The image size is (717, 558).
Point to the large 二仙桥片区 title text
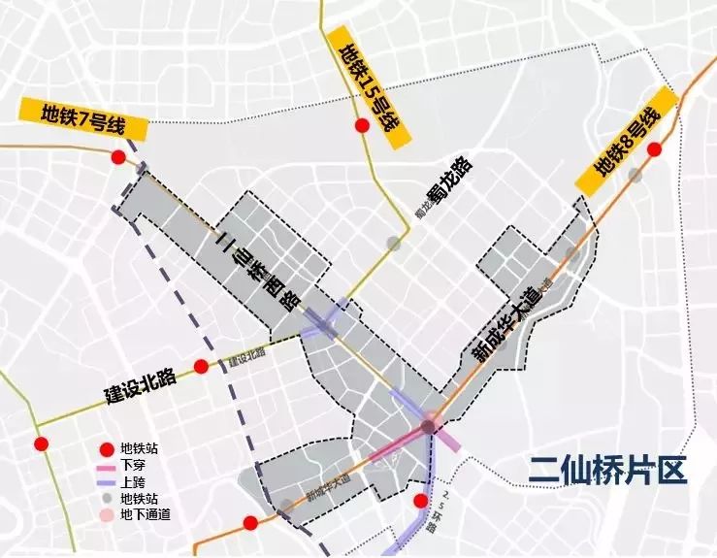coord(608,471)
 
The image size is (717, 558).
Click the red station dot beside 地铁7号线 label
coord(118,158)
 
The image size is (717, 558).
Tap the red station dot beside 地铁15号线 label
coord(362,126)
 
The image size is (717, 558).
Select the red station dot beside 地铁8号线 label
coord(655,149)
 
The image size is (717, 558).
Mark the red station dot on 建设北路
coord(201,367)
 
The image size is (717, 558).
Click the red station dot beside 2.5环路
coord(421,501)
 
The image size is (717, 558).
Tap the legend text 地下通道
coord(146,515)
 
